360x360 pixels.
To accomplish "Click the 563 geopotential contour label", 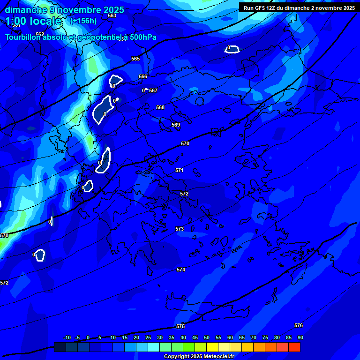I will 112,15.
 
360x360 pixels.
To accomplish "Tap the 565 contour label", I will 135,59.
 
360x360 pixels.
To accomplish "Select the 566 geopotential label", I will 143,76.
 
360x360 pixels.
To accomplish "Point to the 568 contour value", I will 160,107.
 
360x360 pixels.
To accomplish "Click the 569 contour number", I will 176,125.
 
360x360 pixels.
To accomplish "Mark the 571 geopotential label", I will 180,170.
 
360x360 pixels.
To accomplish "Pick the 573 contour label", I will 180,229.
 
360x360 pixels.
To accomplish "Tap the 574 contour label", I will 181,270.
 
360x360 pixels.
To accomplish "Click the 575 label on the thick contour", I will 180,326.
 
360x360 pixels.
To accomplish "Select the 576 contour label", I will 299,325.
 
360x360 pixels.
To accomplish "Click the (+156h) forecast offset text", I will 83,21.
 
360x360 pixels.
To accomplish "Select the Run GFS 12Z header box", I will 299,7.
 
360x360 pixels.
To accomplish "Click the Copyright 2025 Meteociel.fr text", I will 199,356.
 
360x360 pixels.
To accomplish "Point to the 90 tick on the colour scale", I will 300,337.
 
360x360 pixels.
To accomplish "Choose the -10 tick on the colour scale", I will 67,337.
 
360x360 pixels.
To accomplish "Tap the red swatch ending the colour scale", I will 294,347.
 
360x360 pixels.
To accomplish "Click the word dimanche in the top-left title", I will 26,10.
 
